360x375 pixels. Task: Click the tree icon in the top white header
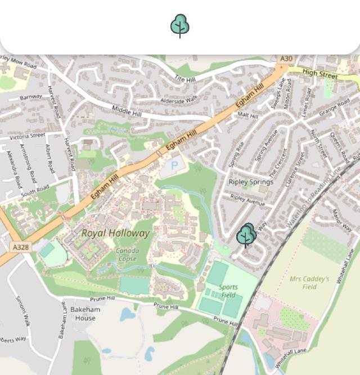coord(180,26)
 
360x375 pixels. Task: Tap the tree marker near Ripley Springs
coord(246,235)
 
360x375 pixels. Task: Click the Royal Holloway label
coord(116,233)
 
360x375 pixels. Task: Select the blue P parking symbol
coord(174,166)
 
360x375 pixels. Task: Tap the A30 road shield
coord(286,59)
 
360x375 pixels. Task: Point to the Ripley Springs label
coord(251,182)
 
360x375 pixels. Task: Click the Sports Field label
coord(228,291)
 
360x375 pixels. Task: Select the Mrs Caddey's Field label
coord(309,282)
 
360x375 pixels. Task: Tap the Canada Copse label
coord(127,255)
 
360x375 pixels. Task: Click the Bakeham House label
coord(85,314)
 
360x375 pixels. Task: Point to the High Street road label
coord(320,73)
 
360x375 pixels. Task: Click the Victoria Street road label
coord(26,136)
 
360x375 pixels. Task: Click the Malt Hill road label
coord(247,115)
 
